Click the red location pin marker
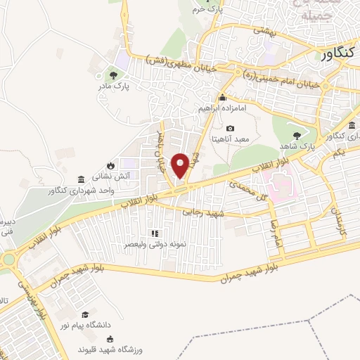181,165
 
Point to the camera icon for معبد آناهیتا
231,128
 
